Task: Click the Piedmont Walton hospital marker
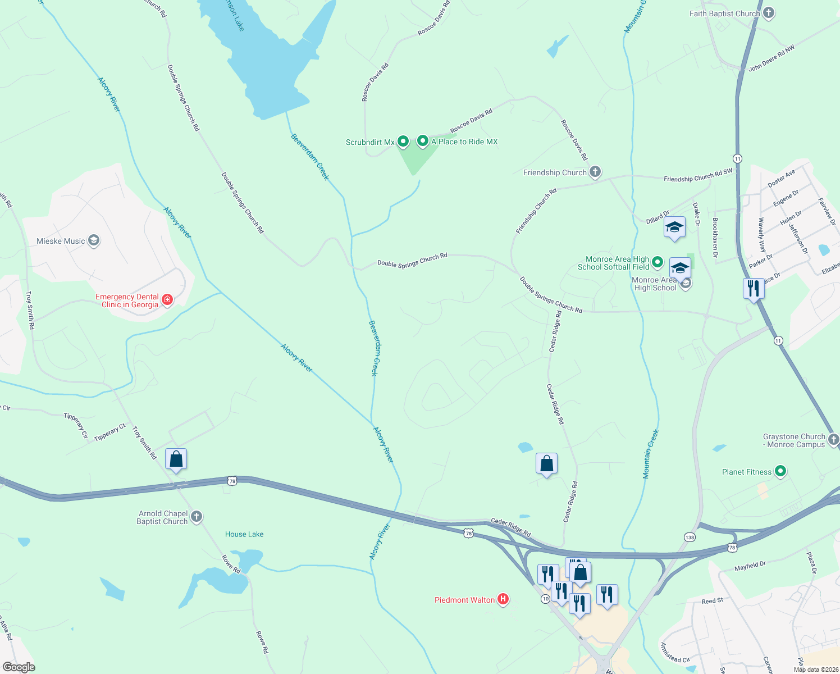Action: tap(503, 599)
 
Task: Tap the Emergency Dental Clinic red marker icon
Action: tap(167, 300)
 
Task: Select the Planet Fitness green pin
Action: tap(780, 472)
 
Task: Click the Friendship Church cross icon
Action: tap(595, 172)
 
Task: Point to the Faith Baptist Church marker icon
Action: tap(769, 13)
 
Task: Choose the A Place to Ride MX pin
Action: tap(423, 141)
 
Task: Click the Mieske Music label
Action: tap(61, 241)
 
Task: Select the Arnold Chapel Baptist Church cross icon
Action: tap(196, 517)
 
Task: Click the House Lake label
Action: tap(244, 534)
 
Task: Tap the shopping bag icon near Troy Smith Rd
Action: tap(176, 459)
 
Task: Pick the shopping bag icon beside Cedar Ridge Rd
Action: tap(546, 464)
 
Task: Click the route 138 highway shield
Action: tap(690, 537)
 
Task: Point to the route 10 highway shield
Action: tap(545, 599)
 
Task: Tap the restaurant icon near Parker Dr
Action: tap(753, 289)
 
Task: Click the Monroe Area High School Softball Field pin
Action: tap(658, 262)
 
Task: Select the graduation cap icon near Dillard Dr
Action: tap(674, 227)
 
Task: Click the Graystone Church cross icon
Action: tap(833, 439)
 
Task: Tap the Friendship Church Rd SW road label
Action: tap(698, 175)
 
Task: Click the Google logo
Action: tap(19, 667)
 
